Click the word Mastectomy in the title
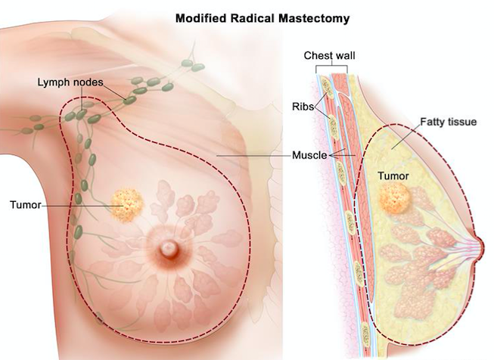[x=314, y=19]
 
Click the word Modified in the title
[x=200, y=18]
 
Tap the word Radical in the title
[x=252, y=18]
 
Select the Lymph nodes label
[x=70, y=82]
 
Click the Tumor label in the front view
[x=26, y=205]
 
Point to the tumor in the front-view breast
[x=127, y=205]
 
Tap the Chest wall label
[x=329, y=56]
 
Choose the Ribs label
[x=303, y=107]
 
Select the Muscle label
[x=309, y=155]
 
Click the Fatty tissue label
[x=449, y=122]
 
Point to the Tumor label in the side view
[x=393, y=175]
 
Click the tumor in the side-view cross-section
[x=395, y=198]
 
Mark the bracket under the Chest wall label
[x=331, y=68]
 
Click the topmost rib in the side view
[x=327, y=88]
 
